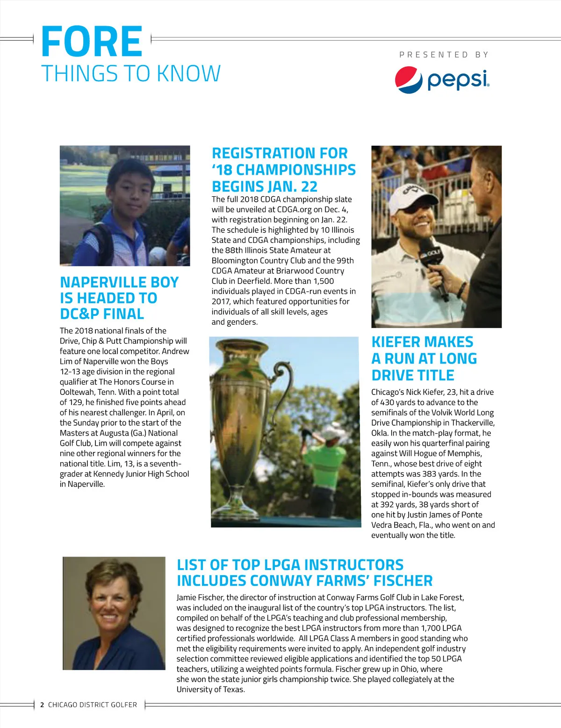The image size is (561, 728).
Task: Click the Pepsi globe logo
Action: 409,80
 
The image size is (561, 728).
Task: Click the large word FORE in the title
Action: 92,42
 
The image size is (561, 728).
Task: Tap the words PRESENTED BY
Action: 444,55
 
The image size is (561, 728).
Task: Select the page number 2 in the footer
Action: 42,705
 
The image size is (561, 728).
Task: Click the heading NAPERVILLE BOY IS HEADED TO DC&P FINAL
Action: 119,298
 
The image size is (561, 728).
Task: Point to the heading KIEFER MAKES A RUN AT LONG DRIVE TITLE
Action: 424,358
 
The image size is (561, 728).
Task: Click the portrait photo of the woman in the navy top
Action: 114,613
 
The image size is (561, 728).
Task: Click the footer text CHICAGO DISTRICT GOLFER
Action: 93,705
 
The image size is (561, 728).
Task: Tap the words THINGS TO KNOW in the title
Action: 131,74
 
